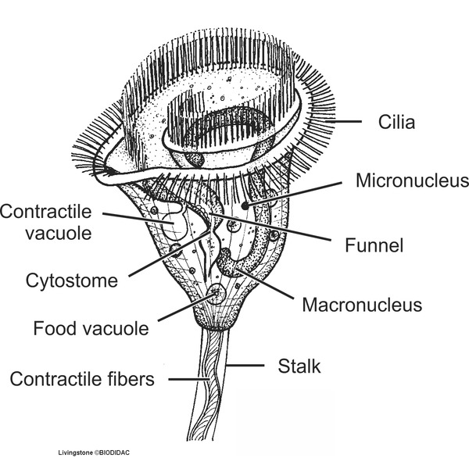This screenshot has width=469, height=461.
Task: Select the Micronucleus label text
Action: click(x=412, y=182)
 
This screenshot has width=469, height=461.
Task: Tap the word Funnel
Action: click(x=374, y=246)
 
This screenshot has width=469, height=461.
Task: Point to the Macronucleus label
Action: click(x=362, y=302)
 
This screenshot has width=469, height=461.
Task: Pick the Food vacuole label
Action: click(x=91, y=328)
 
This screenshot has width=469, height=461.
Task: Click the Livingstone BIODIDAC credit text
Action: click(x=93, y=452)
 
